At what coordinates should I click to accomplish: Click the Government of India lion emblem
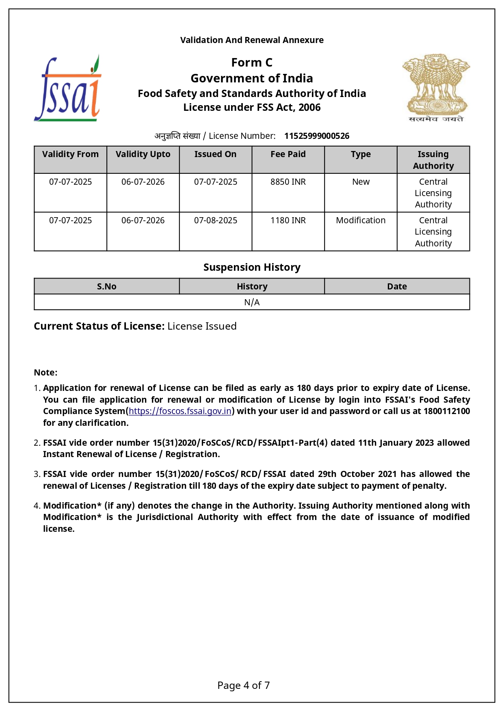436,88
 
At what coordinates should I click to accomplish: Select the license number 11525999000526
316,136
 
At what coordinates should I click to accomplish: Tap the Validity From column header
70,154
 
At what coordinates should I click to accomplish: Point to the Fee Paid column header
288,154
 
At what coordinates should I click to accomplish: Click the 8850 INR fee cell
288,182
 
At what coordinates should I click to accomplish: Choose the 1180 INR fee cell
288,220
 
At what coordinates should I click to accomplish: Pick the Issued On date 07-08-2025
216,220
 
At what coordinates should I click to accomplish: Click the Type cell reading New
361,182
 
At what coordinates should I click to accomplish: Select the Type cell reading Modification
361,220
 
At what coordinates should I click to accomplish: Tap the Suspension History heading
252,267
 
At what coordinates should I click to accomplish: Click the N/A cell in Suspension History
252,302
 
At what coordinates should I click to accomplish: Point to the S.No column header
106,287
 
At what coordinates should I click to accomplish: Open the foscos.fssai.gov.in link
180,411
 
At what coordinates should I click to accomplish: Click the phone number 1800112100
446,411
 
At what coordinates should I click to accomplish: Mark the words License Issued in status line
202,326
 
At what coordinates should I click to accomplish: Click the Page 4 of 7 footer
243,686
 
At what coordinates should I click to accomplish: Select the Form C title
252,63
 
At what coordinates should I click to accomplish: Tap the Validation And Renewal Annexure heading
252,40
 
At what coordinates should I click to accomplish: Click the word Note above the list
45,373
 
